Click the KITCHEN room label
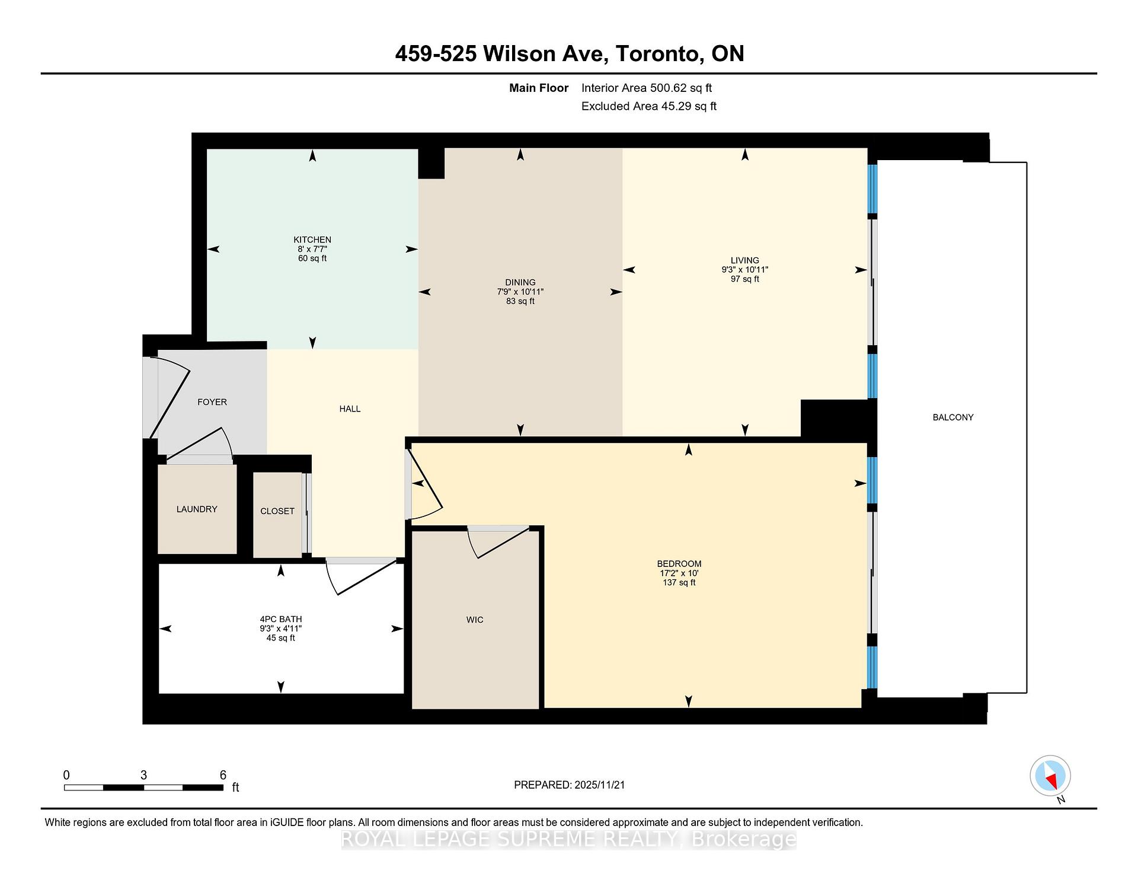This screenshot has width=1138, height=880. tap(312, 240)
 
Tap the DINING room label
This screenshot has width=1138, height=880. tap(520, 282)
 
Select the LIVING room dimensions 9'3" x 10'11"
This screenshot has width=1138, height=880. tap(744, 270)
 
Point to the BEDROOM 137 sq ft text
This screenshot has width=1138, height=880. tap(679, 583)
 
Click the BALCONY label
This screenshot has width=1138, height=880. tap(952, 417)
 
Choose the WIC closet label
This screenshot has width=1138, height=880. tap(475, 620)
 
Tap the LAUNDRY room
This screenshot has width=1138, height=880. tap(197, 509)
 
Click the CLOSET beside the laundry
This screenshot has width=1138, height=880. tap(277, 511)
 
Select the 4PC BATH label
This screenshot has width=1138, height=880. tap(280, 619)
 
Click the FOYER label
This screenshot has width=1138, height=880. tap(212, 402)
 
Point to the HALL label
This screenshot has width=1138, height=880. tap(350, 409)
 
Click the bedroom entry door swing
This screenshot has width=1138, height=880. tap(426, 486)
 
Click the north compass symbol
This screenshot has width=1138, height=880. tap(1050, 776)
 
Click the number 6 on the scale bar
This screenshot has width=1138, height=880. tap(223, 775)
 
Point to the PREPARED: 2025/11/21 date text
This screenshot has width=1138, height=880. tap(569, 785)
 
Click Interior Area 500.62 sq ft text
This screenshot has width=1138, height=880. tap(646, 88)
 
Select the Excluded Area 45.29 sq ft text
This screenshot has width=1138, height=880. tap(648, 107)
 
